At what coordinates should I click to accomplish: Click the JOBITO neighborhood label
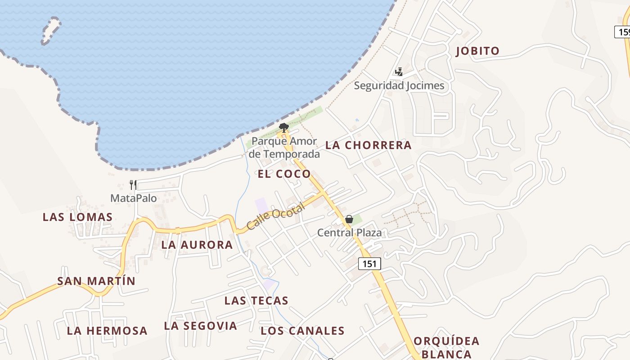coord(477,51)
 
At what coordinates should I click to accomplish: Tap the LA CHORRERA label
coord(368,145)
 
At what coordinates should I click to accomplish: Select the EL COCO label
coord(284,174)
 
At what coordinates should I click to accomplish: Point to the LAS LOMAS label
coord(77,217)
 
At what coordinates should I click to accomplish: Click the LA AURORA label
coord(197,245)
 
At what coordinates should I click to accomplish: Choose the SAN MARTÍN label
coord(96,281)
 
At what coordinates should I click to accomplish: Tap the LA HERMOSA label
coord(107,331)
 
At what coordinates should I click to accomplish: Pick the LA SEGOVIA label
coord(200,326)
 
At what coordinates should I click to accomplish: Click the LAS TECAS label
coord(256,301)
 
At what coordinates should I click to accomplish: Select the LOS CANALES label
coord(302,331)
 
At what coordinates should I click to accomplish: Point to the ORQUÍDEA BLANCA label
coord(446,347)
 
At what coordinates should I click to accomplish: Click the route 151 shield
coord(369,264)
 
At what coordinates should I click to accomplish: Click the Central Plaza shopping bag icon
coord(349,219)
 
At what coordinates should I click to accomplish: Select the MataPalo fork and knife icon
coord(133,185)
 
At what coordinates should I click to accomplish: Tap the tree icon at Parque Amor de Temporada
coord(283,127)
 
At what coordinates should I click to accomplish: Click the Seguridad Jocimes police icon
coord(398,72)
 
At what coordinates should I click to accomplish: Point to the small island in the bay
coord(51,31)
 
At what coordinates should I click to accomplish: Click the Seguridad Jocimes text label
coord(399,85)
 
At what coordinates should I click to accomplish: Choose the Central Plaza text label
coord(349,233)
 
